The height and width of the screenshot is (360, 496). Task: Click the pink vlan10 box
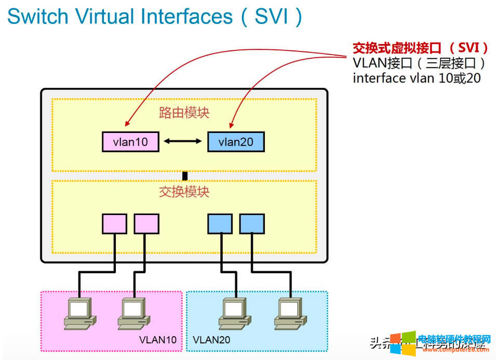tap(130, 142)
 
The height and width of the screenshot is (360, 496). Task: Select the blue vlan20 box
tap(236, 142)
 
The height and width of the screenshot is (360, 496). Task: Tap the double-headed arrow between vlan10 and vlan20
tap(183, 141)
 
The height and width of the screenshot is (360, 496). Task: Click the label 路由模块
tap(184, 113)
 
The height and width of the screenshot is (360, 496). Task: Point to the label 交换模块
tap(184, 192)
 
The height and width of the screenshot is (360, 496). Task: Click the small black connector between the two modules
tap(184, 176)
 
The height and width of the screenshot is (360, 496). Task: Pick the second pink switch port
tap(146, 223)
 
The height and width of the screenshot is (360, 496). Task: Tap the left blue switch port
tap(220, 223)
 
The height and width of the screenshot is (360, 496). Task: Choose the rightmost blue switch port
tap(252, 223)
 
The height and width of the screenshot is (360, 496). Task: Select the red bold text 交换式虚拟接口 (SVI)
tap(420, 48)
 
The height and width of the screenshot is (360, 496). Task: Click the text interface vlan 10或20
tap(417, 78)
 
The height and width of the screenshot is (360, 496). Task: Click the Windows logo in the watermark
tap(403, 343)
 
